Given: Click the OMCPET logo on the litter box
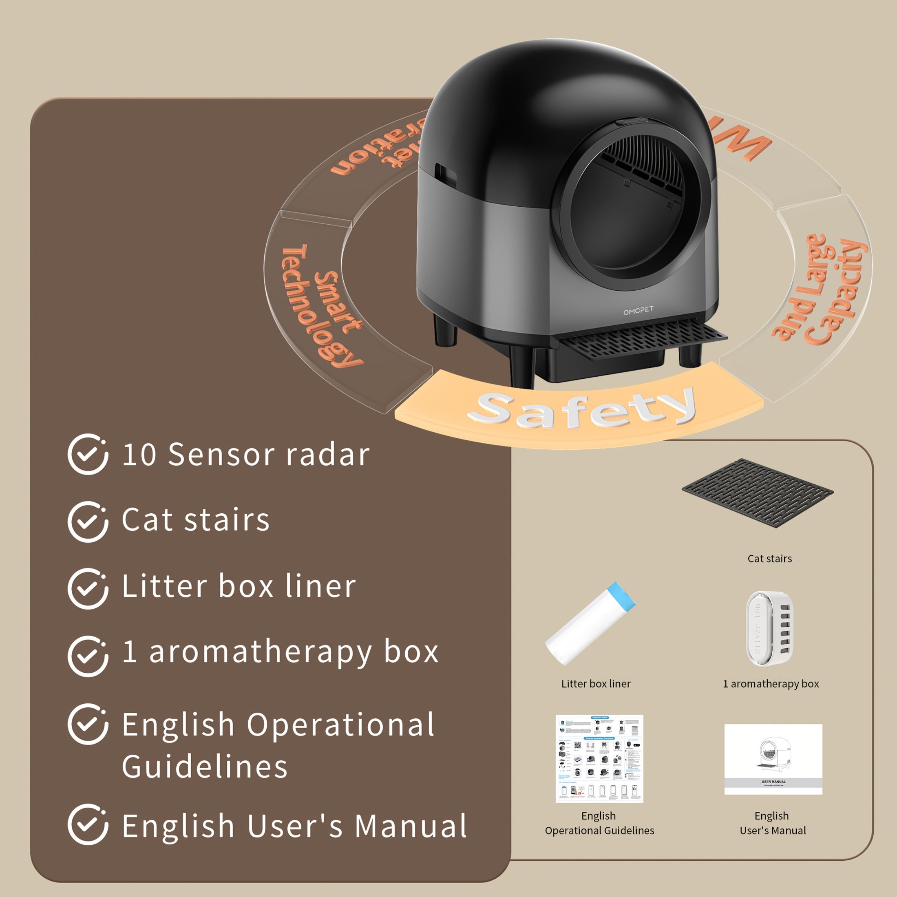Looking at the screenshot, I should click(638, 310).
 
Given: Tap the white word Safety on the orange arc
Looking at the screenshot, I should click(581, 409).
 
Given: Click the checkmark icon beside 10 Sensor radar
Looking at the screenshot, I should click(88, 454).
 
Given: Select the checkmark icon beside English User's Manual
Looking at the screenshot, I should click(88, 824).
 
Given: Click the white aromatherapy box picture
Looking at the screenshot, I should click(769, 628).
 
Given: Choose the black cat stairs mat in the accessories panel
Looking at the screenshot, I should click(757, 493).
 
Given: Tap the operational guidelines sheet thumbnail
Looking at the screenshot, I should click(599, 758).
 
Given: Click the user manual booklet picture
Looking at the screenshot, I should click(773, 759).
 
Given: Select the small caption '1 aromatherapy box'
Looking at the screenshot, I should click(771, 683).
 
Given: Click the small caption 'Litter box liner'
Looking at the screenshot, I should click(596, 683).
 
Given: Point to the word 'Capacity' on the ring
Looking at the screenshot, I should click(836, 292).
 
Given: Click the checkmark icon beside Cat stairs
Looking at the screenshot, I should click(88, 521).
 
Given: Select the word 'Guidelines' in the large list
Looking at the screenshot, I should click(205, 766).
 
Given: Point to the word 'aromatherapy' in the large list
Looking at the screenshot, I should click(260, 652).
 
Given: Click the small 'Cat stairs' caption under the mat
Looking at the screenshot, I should click(769, 559).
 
